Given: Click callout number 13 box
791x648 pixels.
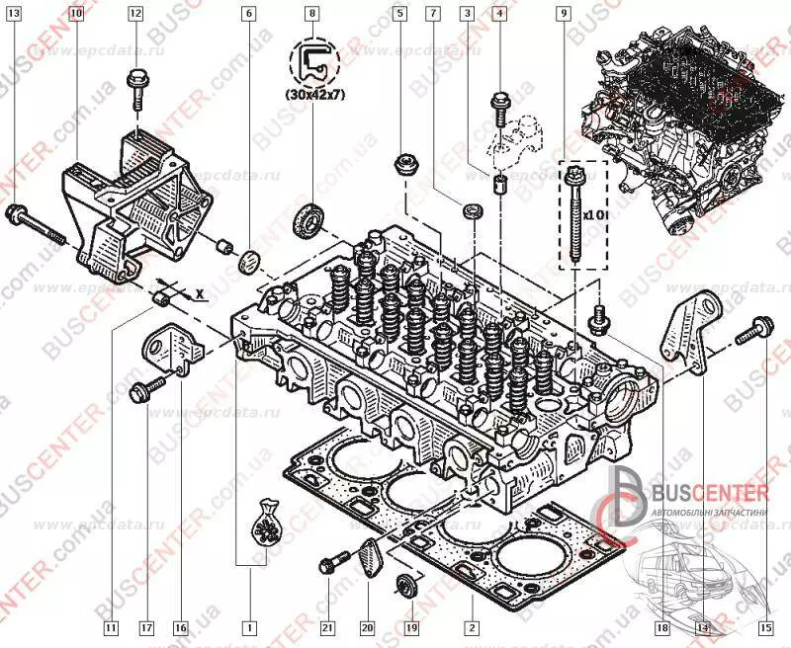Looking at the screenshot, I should coord(13,14).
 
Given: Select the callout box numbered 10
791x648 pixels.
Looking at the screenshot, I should coord(77,14).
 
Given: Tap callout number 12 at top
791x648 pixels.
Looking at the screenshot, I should coord(134,14).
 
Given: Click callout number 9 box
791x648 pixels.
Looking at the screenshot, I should coord(563,14).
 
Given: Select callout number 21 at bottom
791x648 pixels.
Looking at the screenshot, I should coord(327,627).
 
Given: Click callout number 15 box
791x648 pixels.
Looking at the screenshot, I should coord(765,627).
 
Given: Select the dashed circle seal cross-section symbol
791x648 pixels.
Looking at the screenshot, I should coord(313,61).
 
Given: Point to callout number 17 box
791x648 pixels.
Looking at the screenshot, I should coord(145,627).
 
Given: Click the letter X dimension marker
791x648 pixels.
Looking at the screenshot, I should coord(200,293).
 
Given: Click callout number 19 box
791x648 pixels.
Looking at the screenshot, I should coord(412,627).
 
